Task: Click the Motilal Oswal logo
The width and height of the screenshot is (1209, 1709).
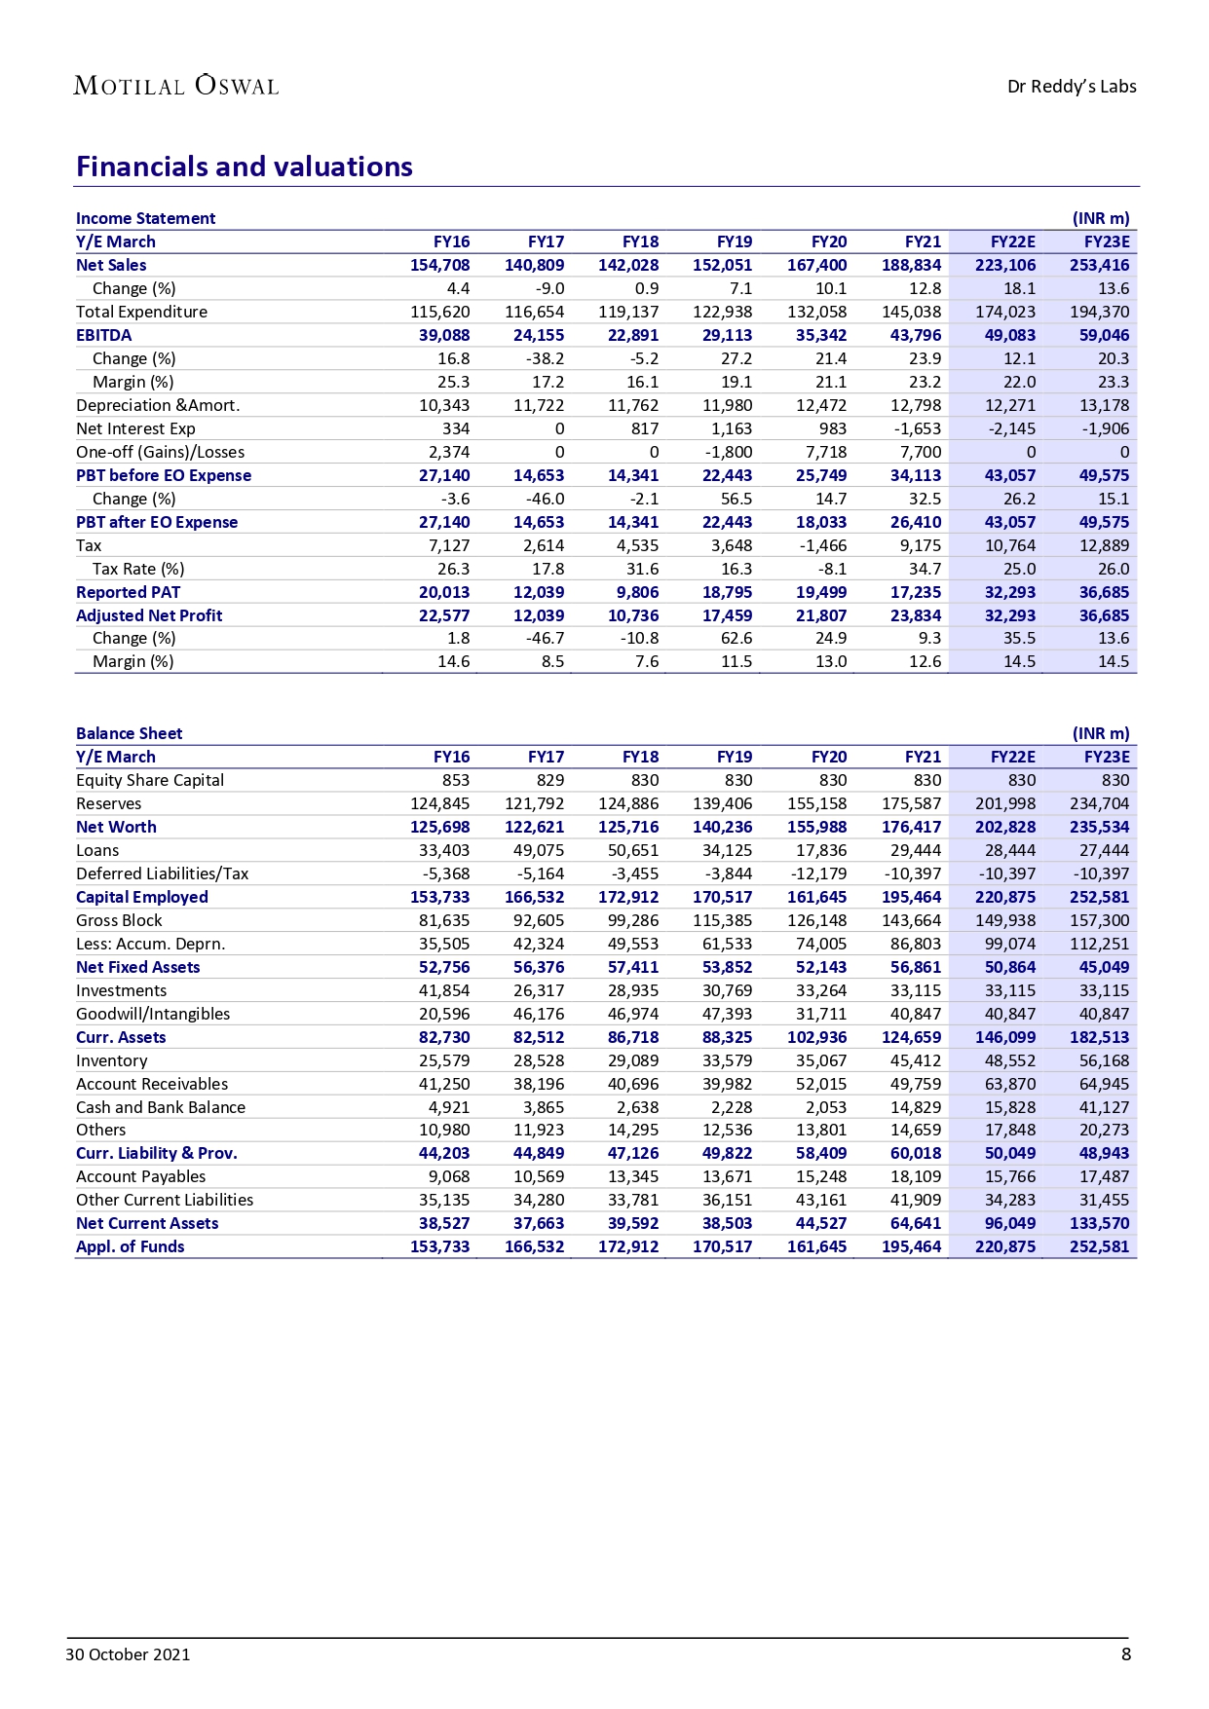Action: (x=176, y=86)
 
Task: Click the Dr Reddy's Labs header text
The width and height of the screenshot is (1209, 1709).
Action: (x=1072, y=87)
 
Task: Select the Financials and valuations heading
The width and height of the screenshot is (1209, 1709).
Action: (x=245, y=167)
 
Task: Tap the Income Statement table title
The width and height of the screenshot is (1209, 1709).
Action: (x=146, y=218)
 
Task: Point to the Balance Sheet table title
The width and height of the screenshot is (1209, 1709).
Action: (x=130, y=733)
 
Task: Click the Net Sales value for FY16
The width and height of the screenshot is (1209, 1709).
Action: (x=440, y=265)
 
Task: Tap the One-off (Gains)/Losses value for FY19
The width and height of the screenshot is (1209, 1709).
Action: (x=729, y=452)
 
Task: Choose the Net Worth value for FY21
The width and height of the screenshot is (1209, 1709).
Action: (x=912, y=827)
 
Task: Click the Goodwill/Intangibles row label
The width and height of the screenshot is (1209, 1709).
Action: (x=153, y=1014)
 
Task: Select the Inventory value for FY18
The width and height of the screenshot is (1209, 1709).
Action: (x=633, y=1060)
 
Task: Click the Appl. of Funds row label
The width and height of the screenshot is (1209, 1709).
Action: (x=131, y=1246)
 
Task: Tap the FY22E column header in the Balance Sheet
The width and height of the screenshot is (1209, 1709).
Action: (x=1013, y=757)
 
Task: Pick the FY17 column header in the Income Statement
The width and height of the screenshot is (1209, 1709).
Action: (x=547, y=241)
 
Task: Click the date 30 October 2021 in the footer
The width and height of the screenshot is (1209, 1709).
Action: (x=128, y=1654)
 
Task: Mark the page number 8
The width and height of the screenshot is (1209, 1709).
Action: (x=1126, y=1653)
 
